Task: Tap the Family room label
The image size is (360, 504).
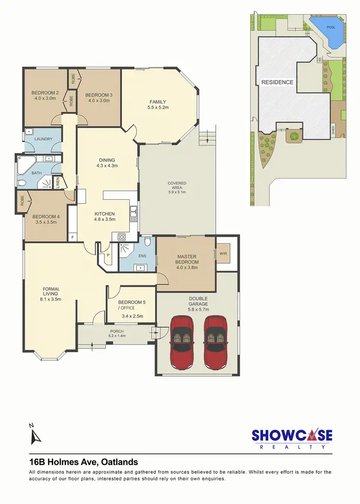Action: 157,102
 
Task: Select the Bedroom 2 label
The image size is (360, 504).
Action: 45,93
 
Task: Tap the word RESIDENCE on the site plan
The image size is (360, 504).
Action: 277,82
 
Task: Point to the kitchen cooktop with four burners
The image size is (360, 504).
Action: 121,236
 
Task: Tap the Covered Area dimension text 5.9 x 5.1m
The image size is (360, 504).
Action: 177,192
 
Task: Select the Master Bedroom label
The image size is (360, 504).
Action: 187,259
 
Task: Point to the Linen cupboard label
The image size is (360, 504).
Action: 57,182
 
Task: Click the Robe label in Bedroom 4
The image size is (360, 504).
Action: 23,200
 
